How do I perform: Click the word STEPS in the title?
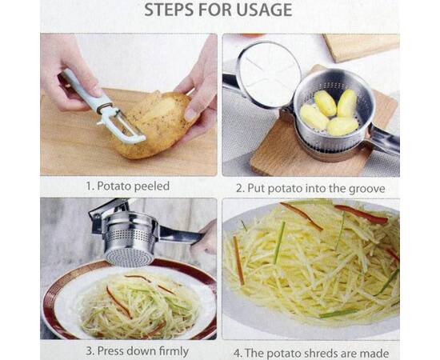[169, 10]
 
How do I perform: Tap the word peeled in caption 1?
[152, 186]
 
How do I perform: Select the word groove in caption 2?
[366, 189]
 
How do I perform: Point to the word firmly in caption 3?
[174, 351]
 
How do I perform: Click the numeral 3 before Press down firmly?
[90, 351]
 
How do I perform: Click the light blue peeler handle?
[83, 89]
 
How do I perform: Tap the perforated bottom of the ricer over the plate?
[130, 258]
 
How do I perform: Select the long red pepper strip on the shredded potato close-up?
[361, 214]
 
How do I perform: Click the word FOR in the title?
[215, 10]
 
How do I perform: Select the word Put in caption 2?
[256, 189]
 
